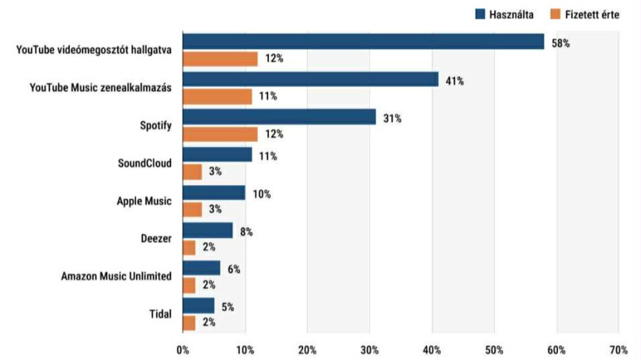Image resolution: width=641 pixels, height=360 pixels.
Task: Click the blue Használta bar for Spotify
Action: tap(279, 117)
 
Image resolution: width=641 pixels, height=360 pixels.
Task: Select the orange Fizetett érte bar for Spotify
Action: tap(220, 134)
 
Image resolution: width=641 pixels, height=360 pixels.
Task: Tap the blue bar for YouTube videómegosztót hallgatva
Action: tap(363, 42)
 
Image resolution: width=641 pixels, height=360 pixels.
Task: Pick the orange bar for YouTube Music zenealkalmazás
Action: tap(217, 96)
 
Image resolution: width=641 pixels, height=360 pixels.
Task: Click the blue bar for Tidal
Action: tap(198, 306)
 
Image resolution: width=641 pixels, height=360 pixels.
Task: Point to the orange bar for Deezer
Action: tap(189, 247)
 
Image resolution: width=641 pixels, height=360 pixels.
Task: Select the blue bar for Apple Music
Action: tap(214, 193)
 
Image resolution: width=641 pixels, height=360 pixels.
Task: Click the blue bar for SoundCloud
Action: tap(217, 156)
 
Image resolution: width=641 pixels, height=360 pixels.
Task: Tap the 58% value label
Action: tap(560, 44)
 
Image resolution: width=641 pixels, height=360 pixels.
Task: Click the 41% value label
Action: tap(455, 81)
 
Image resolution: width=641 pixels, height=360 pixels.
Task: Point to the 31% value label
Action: tap(392, 118)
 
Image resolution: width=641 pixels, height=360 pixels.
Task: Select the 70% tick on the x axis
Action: tap(618, 349)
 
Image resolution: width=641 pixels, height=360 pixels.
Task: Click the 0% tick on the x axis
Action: tap(183, 349)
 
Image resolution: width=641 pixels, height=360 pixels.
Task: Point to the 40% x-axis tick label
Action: tap(431, 349)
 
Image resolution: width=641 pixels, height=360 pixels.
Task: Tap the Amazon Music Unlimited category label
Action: tap(116, 276)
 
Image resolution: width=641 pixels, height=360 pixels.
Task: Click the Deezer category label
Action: tap(155, 239)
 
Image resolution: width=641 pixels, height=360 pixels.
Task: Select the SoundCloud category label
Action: tap(145, 163)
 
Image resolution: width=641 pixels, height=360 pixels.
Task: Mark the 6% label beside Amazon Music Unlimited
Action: tap(234, 269)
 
